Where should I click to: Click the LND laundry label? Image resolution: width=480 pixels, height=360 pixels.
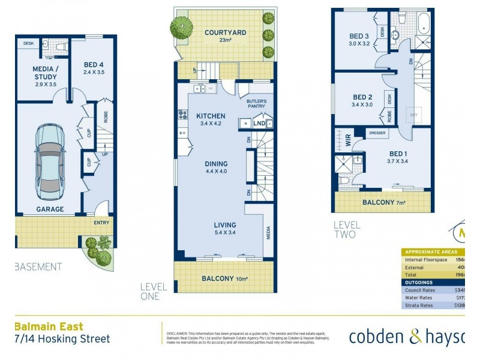259,124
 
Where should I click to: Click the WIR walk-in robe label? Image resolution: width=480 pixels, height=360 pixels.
347,144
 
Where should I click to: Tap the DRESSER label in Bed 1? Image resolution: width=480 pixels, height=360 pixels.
377,133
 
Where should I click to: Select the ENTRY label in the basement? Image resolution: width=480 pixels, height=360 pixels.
101,223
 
